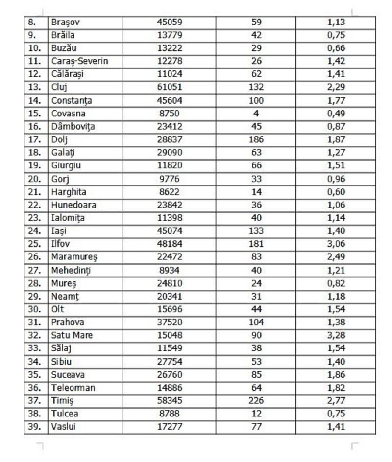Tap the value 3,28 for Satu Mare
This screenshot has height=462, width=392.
click(336, 336)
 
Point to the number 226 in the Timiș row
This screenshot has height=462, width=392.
click(256, 400)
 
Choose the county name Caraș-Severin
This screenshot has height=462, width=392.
click(79, 62)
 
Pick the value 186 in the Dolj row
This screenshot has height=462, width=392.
click(256, 139)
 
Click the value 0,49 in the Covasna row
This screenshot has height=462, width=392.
click(336, 114)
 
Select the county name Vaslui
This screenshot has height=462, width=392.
click(64, 426)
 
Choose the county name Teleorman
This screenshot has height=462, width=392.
click(73, 387)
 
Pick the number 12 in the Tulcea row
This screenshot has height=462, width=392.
click(256, 414)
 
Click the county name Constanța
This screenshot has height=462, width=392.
click(72, 101)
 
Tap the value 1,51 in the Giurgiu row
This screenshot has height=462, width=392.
click(336, 166)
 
